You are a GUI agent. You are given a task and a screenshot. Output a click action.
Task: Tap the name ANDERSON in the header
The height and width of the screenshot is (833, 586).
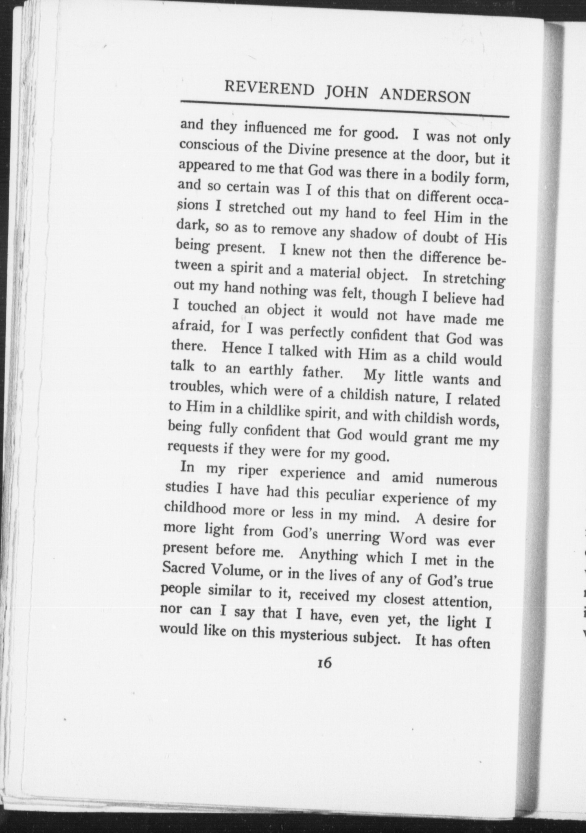(425, 96)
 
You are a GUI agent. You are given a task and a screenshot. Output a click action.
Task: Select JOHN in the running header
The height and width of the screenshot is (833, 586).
(347, 93)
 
